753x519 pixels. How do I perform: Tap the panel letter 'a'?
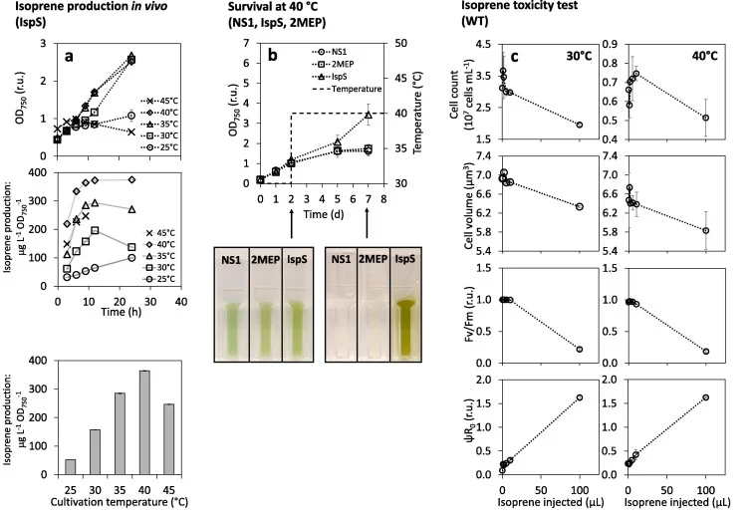69,56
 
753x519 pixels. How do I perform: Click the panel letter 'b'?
272,55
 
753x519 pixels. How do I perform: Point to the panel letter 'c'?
514,57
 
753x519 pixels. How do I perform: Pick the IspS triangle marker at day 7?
369,115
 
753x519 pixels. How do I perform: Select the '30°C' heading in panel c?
579,56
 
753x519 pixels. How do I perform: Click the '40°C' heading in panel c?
704,56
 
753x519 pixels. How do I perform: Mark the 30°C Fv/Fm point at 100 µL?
580,349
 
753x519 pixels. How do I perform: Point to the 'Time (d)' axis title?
323,214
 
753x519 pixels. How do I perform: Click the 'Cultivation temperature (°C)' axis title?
120,502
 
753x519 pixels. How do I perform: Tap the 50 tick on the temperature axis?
401,43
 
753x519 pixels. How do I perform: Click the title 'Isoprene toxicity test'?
520,6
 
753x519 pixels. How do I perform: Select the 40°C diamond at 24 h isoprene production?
132,179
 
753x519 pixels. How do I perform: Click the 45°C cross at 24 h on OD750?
131,131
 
